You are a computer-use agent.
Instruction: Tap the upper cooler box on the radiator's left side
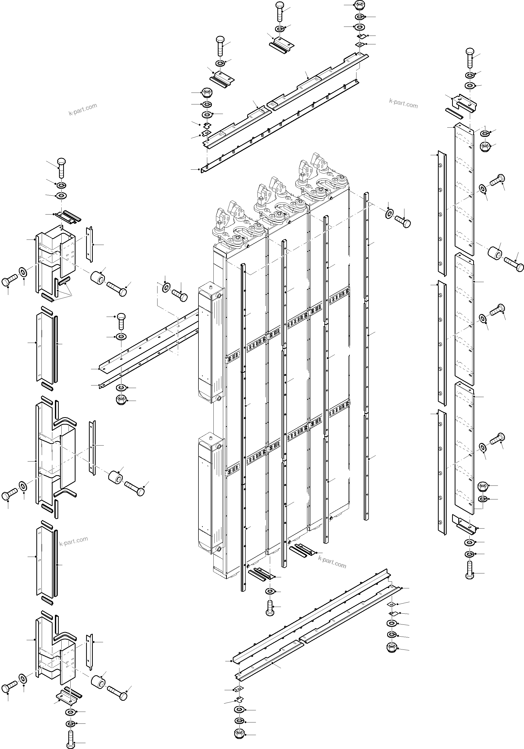click(x=210, y=339)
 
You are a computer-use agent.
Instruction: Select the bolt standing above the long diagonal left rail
click(x=121, y=321)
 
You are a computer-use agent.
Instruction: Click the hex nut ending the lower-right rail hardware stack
click(x=391, y=648)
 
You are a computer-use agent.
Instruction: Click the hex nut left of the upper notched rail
click(x=206, y=92)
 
